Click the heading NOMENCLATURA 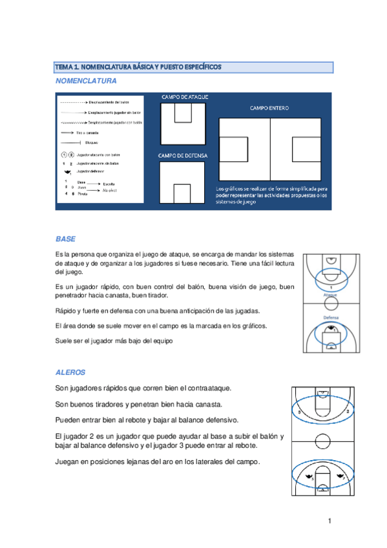pyautogui.click(x=86, y=82)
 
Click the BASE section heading pyautogui.click(x=66, y=238)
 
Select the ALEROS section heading pyautogui.click(x=70, y=373)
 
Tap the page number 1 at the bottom pyautogui.click(x=329, y=520)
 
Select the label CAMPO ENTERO pyautogui.click(x=269, y=108)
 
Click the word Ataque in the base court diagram pyautogui.click(x=331, y=295)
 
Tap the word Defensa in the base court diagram pyautogui.click(x=331, y=317)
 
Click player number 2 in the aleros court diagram pyautogui.click(x=348, y=411)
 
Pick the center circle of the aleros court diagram pyautogui.click(x=321, y=441)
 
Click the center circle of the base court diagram pyautogui.click(x=331, y=306)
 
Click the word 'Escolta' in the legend pyautogui.click(x=109, y=184)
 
